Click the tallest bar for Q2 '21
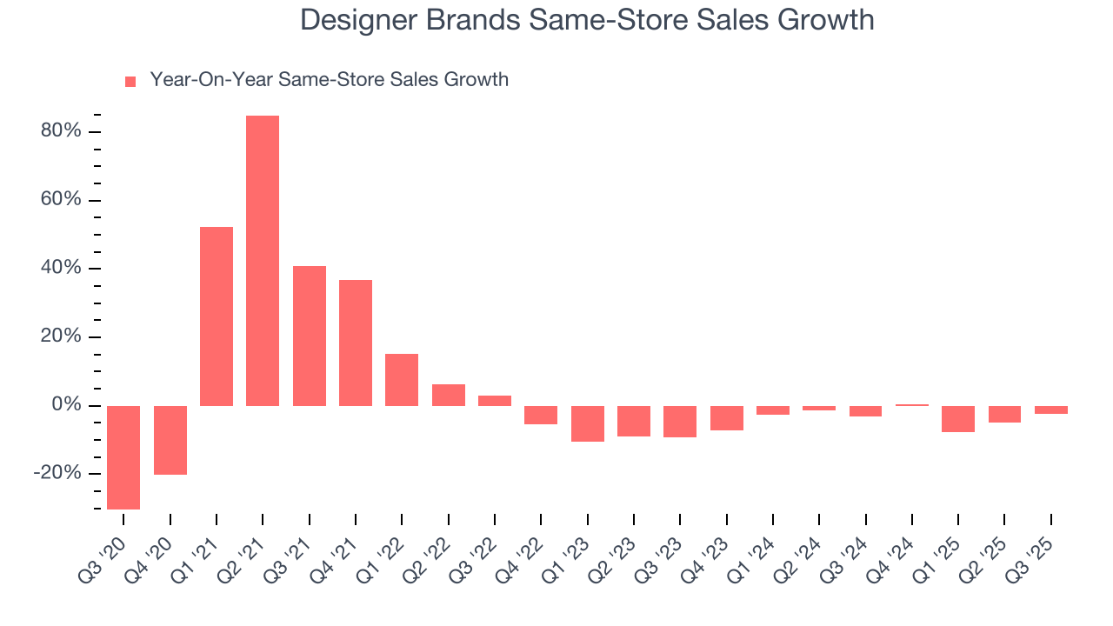point(263,261)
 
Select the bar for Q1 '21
point(217,316)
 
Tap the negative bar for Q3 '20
point(123,457)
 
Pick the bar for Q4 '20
point(170,440)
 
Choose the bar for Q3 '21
point(310,336)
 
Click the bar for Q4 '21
point(356,343)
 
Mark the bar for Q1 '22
point(402,380)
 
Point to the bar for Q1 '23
point(588,423)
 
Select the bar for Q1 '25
point(958,419)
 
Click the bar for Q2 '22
point(449,395)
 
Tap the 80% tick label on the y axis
point(61,131)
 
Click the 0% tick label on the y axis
point(66,405)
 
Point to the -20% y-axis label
point(57,474)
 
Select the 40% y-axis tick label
point(61,269)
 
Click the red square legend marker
point(130,81)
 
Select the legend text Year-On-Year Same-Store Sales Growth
point(329,80)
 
